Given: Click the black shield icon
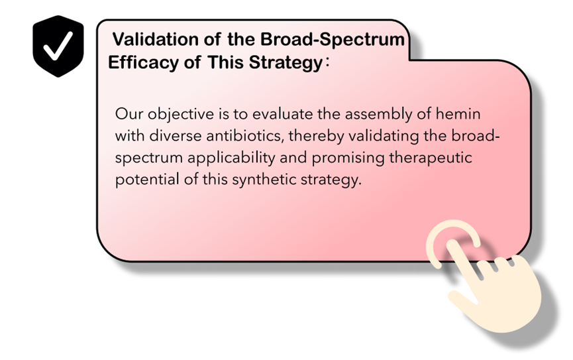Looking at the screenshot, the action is point(58,46).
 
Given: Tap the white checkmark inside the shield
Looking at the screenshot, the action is point(58,46).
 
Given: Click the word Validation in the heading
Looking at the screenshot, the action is point(155,39).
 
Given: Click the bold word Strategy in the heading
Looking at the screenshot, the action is point(286,62).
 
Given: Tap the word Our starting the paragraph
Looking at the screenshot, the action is point(129,114).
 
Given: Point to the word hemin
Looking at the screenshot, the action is point(458,114).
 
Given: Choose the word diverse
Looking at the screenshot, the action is point(176,136).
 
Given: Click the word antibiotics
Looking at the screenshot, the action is point(245,137).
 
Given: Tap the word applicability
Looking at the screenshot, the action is point(231,158).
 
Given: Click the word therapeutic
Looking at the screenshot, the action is point(431,158).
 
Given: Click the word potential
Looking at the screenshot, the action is point(147,180).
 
